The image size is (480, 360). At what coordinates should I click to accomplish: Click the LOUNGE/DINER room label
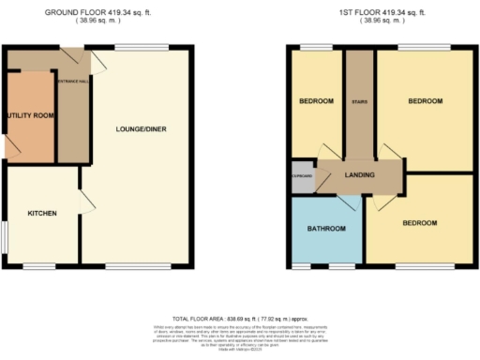[x=141, y=128]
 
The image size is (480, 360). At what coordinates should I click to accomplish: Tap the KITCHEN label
[x=41, y=214]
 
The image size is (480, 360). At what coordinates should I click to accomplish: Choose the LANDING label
[x=360, y=175]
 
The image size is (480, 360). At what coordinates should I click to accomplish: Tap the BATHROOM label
[x=328, y=229]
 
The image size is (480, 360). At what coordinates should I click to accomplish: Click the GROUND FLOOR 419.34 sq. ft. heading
[x=97, y=12]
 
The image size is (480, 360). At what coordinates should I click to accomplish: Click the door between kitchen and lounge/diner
[x=86, y=201]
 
